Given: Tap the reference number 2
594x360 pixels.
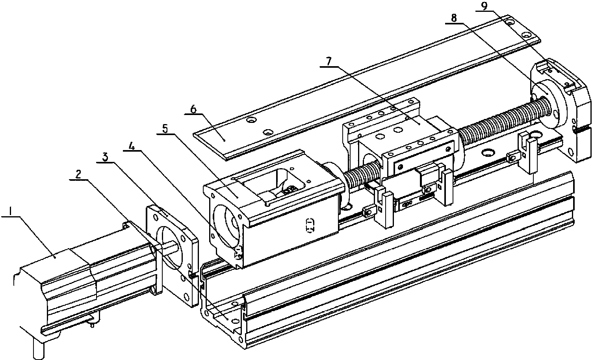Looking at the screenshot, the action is pyautogui.click(x=78, y=174).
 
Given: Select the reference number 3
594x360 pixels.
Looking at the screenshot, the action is pyautogui.click(x=105, y=157).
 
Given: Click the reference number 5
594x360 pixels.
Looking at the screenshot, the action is pyautogui.click(x=165, y=129).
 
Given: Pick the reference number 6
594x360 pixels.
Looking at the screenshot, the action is pyautogui.click(x=193, y=109).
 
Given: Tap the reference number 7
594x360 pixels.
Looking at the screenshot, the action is pyautogui.click(x=329, y=62).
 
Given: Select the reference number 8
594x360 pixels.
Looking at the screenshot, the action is pyautogui.click(x=454, y=18).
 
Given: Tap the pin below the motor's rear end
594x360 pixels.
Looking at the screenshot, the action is pyautogui.click(x=38, y=350).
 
